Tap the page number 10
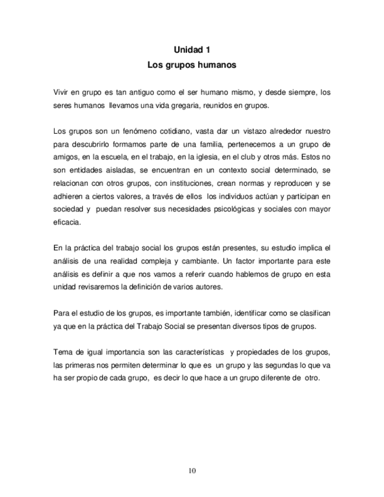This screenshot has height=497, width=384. coord(192,469)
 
